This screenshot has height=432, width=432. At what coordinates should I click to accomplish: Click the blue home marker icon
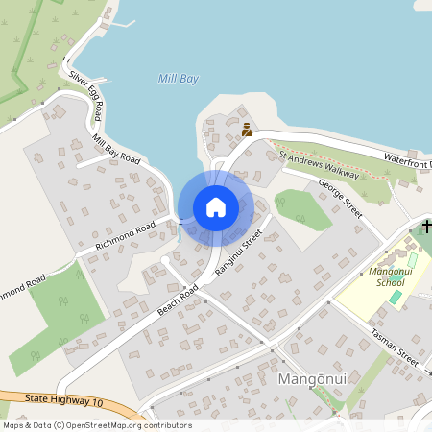click(x=215, y=207)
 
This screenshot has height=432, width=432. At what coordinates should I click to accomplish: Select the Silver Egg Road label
click(x=84, y=91)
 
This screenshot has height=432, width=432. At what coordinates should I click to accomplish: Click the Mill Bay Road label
click(x=116, y=149)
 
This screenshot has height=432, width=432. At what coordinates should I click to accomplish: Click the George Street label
click(x=340, y=199)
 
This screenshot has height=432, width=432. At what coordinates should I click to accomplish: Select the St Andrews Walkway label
click(x=319, y=164)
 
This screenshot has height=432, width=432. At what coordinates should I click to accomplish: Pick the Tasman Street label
click(x=394, y=344)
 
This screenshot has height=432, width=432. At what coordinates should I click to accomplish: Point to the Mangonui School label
click(x=372, y=277)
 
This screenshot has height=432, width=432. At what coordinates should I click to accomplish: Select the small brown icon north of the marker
click(x=247, y=130)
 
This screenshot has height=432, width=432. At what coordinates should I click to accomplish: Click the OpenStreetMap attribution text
click(x=96, y=425)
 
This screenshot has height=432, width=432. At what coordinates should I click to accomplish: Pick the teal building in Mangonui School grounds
click(x=396, y=297)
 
